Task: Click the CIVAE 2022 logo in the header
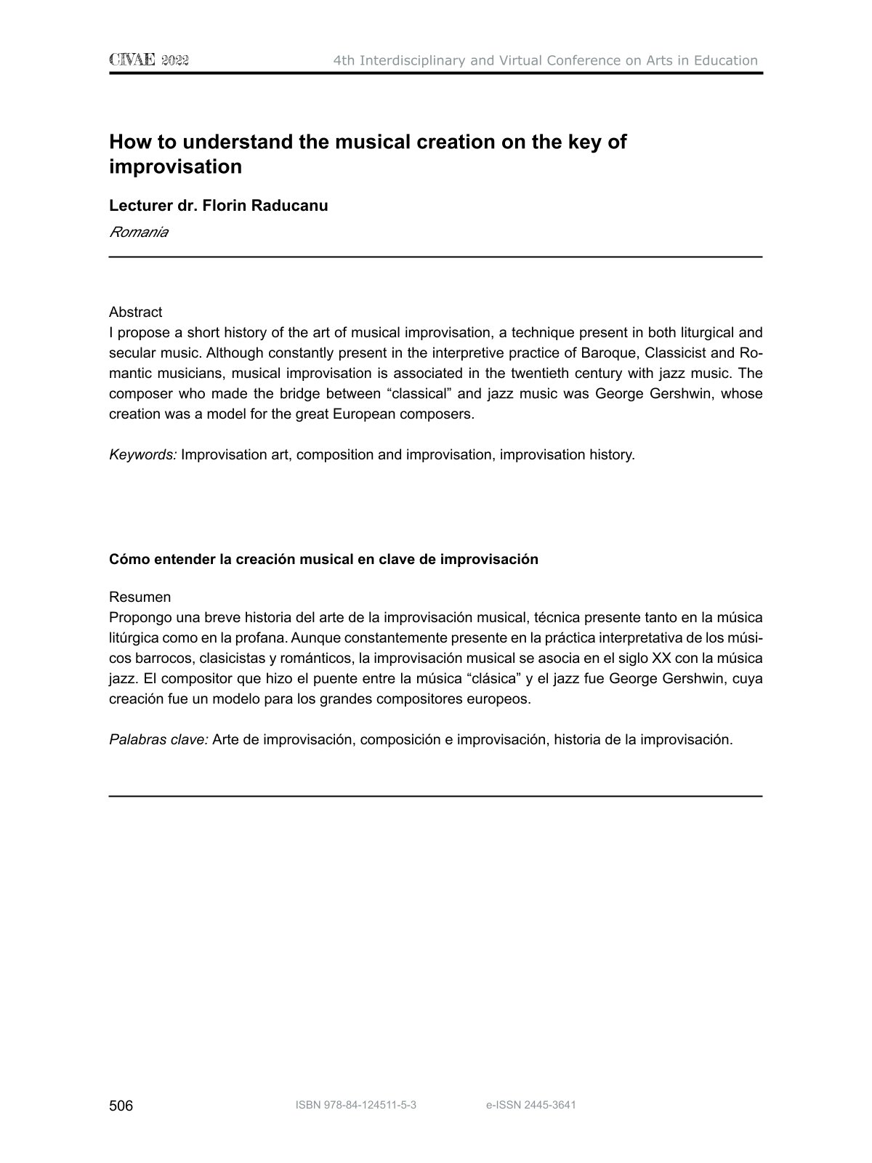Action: (149, 60)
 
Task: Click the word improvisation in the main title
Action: (175, 166)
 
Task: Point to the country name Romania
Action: (138, 233)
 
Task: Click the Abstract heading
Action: (135, 312)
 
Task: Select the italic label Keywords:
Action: (142, 455)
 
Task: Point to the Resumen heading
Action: (140, 597)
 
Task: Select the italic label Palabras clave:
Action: (158, 740)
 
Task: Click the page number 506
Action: (121, 1106)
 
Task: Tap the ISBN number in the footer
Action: (355, 1106)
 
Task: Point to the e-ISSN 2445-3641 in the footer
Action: (530, 1106)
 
